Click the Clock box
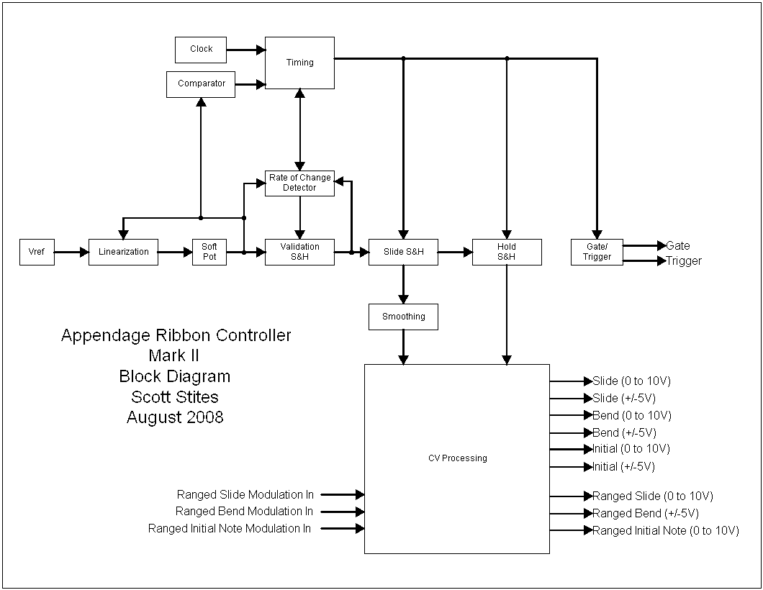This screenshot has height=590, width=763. (201, 49)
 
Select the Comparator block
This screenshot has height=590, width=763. (201, 83)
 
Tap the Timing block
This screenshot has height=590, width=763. (299, 63)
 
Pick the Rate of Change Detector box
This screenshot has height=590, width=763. (299, 183)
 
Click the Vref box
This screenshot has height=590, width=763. (37, 252)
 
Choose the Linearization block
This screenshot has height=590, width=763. (123, 252)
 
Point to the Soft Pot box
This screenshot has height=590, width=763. (209, 252)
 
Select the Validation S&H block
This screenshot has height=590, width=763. (299, 252)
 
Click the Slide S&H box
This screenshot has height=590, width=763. (403, 252)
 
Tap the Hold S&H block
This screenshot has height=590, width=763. (507, 252)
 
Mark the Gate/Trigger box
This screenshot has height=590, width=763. (597, 252)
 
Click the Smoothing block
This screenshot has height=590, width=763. (403, 317)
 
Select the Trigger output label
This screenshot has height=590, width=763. (683, 261)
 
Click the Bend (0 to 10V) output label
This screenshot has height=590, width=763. (632, 416)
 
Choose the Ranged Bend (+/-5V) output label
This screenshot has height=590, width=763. (645, 514)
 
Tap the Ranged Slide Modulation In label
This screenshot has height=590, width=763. (245, 495)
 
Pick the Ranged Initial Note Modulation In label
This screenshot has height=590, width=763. (230, 529)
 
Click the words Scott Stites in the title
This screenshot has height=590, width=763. (175, 396)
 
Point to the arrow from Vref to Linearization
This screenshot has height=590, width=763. (71, 252)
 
